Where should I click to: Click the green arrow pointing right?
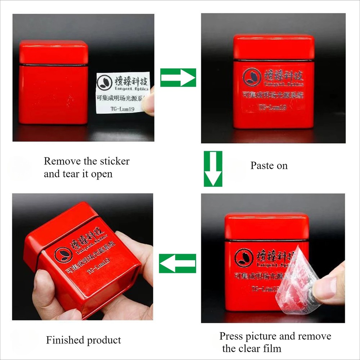point(178,78)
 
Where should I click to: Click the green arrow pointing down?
point(213,168)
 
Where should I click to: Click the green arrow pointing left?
point(178,263)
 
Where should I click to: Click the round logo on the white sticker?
point(104,82)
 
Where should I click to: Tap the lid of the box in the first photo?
point(54,52)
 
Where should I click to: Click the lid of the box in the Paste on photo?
point(274,47)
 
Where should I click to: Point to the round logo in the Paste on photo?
point(252,77)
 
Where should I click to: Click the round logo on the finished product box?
point(63,254)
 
